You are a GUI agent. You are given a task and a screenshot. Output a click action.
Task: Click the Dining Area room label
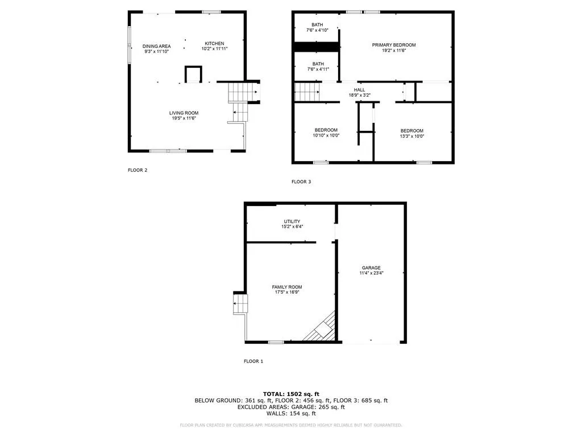pyautogui.click(x=156, y=46)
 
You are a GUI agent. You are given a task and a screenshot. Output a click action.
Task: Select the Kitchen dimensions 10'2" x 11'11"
pyautogui.click(x=214, y=49)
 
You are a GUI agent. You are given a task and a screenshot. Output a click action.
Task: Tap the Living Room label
pyautogui.click(x=184, y=113)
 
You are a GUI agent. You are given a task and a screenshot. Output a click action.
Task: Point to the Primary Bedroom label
pyautogui.click(x=394, y=45)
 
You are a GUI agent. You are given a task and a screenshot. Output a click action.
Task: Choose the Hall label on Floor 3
pyautogui.click(x=359, y=90)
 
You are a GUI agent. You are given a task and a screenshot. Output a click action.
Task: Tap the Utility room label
pyautogui.click(x=292, y=221)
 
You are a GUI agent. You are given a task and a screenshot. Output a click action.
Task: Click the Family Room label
pyautogui.click(x=287, y=287)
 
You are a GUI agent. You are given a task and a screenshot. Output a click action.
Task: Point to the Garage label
pyautogui.click(x=371, y=267)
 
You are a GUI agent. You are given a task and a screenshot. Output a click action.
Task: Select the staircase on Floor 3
pyautogui.click(x=307, y=92)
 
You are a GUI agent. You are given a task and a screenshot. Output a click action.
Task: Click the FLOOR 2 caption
pyautogui.click(x=138, y=170)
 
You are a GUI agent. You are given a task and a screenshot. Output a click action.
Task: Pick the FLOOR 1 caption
pyautogui.click(x=253, y=361)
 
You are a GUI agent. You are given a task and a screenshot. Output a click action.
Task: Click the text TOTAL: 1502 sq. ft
pyautogui.click(x=291, y=394)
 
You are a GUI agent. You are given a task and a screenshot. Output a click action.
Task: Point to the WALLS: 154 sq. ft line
pyautogui.click(x=291, y=413)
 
